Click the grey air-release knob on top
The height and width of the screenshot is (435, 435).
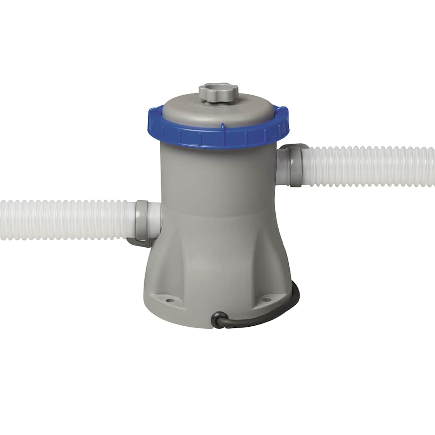pyautogui.click(x=218, y=92)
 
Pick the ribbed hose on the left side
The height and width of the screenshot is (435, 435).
pyautogui.click(x=64, y=220)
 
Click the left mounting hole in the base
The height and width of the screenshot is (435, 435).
pyautogui.click(x=169, y=300)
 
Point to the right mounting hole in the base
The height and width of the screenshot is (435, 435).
pyautogui.click(x=266, y=300)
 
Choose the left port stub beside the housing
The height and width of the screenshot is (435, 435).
pyautogui.click(x=155, y=219)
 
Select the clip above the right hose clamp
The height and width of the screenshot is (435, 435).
pyautogui.click(x=293, y=147)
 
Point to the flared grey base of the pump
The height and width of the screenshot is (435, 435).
pyautogui.click(x=217, y=272)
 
